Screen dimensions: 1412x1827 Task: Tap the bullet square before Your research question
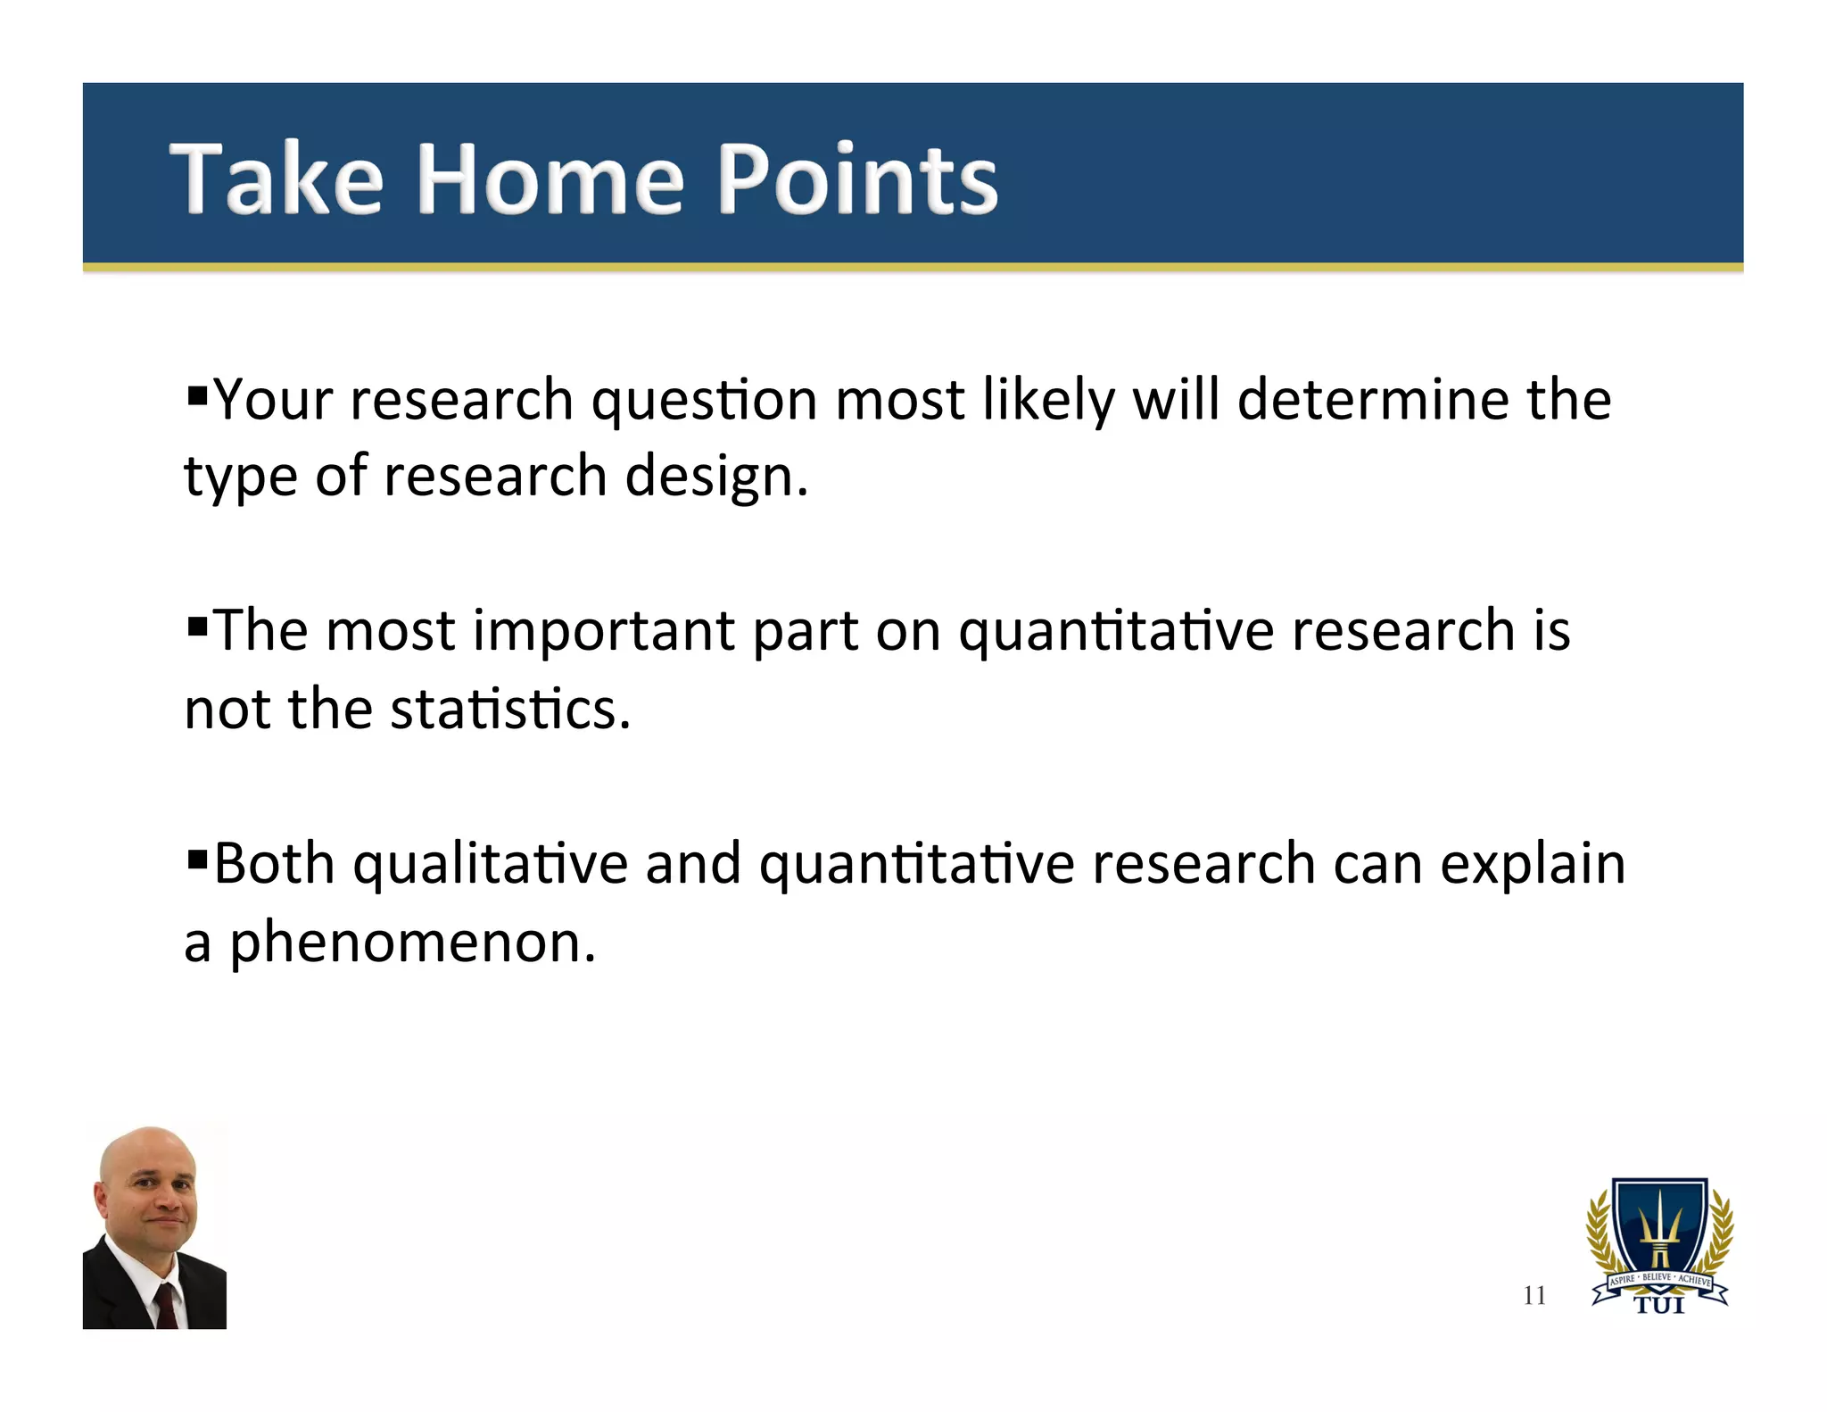coord(197,393)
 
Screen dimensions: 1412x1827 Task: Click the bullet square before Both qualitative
coord(197,857)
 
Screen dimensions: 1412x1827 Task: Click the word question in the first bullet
coord(704,401)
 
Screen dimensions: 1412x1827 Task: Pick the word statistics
coord(509,710)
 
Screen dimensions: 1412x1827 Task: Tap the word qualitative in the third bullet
coord(490,865)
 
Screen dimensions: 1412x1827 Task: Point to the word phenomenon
coord(412,943)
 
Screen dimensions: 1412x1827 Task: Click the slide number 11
coord(1534,1295)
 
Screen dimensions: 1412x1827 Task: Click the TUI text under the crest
coord(1659,1307)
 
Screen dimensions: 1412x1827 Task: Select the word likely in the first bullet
coord(1048,401)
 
